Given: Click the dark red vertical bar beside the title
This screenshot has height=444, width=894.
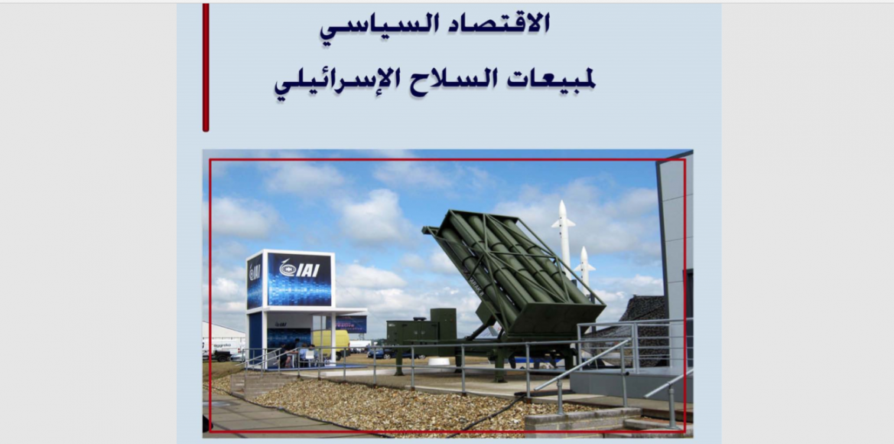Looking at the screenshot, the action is [x=206, y=67].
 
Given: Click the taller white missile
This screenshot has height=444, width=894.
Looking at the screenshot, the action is [x=564, y=234].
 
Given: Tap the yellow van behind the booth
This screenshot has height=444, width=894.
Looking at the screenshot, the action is [x=330, y=342].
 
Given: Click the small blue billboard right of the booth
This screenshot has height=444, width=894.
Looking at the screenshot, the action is [x=351, y=324].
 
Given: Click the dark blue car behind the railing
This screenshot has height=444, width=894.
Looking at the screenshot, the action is [x=383, y=353].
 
